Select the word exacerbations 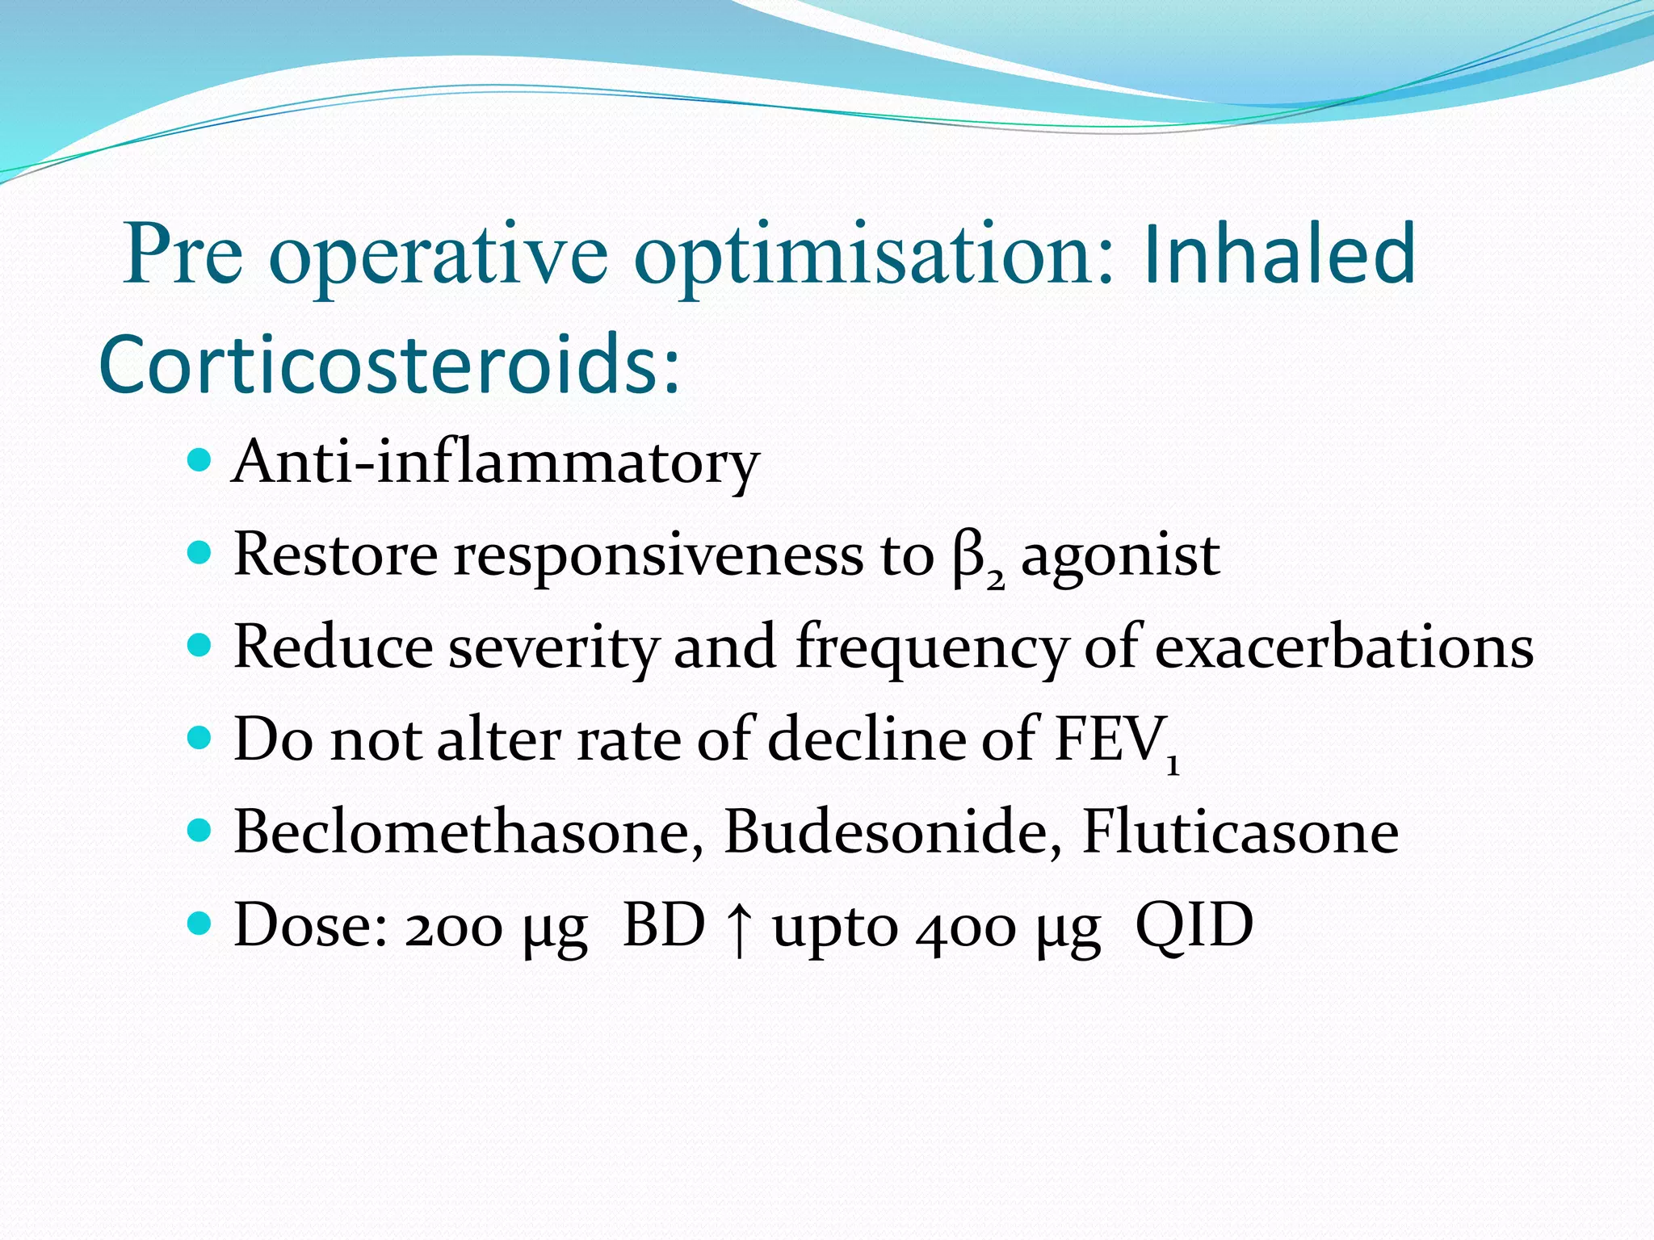(x=1344, y=648)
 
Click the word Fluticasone (x=1240, y=832)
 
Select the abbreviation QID (x=1194, y=925)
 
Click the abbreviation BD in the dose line (x=664, y=925)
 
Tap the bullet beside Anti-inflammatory (x=199, y=462)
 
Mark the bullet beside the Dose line (x=199, y=922)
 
